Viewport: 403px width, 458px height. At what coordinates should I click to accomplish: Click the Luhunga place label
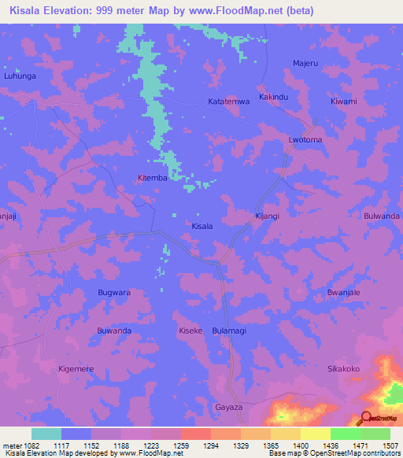pyautogui.click(x=20, y=76)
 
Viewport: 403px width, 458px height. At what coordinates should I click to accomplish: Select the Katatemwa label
pyautogui.click(x=228, y=102)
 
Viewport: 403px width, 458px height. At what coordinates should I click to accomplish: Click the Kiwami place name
pyautogui.click(x=344, y=102)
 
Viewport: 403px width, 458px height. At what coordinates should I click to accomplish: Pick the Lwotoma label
pyautogui.click(x=305, y=140)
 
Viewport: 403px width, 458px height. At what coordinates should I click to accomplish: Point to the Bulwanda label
pyautogui.click(x=382, y=216)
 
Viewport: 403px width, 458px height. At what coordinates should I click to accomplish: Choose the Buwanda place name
pyautogui.click(x=114, y=331)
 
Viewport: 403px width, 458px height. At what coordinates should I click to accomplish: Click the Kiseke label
pyautogui.click(x=191, y=331)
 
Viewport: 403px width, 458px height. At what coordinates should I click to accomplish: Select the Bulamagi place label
pyautogui.click(x=229, y=331)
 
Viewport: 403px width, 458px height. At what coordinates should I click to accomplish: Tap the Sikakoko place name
pyautogui.click(x=343, y=368)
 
